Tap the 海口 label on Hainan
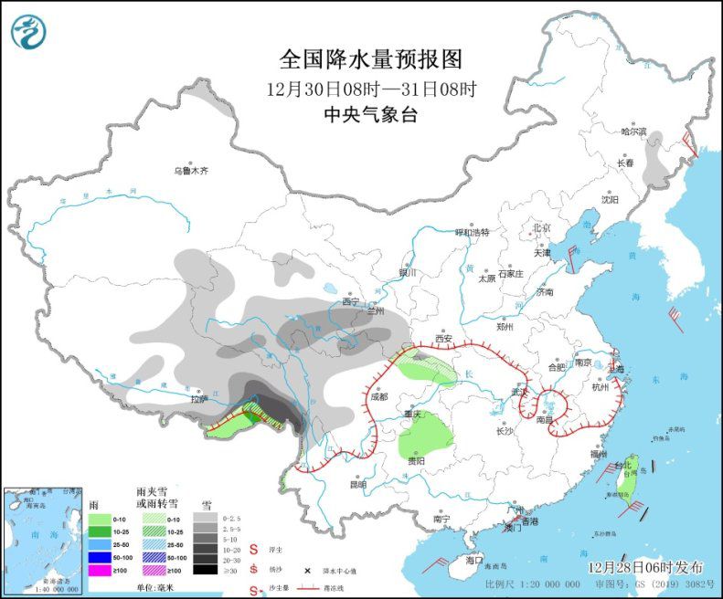click(x=473, y=558)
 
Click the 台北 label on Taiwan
click(x=622, y=466)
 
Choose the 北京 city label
click(x=541, y=227)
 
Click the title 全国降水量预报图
click(x=370, y=59)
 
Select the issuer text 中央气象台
click(x=370, y=115)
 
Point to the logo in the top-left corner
click(x=28, y=32)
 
